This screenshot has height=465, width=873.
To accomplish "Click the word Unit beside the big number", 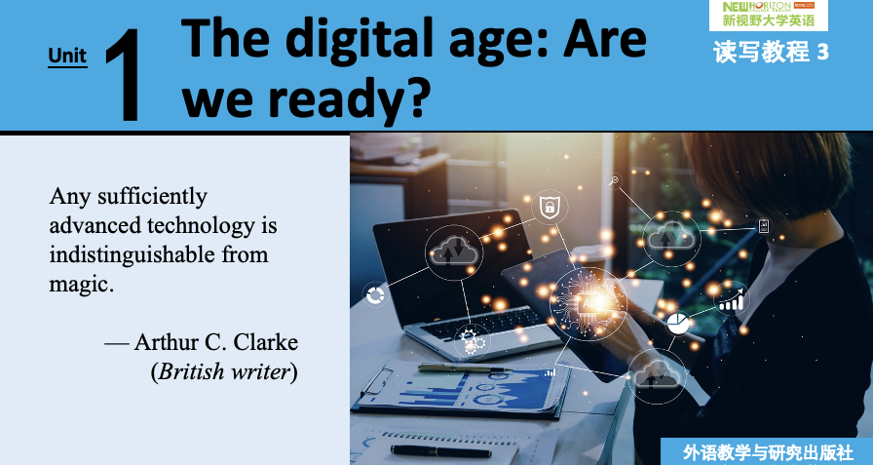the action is [67, 56].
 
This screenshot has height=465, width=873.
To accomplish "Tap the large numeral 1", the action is [124, 76].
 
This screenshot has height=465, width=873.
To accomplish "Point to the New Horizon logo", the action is [769, 15].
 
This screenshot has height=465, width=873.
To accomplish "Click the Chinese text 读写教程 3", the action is [771, 53].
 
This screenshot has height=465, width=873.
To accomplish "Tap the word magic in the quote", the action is [81, 285].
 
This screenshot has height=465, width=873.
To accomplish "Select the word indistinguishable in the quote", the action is [131, 254].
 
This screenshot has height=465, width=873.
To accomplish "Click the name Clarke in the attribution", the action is [266, 342].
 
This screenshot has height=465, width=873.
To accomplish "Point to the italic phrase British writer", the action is [224, 371].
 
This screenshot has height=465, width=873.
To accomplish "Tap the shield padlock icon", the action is [550, 208].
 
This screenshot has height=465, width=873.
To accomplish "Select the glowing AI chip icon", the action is [588, 302].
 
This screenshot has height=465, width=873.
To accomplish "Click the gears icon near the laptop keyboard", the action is [473, 339].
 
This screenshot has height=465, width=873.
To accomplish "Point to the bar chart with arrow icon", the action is [732, 299].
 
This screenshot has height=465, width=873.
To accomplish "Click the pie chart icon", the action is [677, 324].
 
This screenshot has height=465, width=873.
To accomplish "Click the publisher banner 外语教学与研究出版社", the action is [767, 452].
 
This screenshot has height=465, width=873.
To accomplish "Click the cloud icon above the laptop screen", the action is [454, 252].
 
